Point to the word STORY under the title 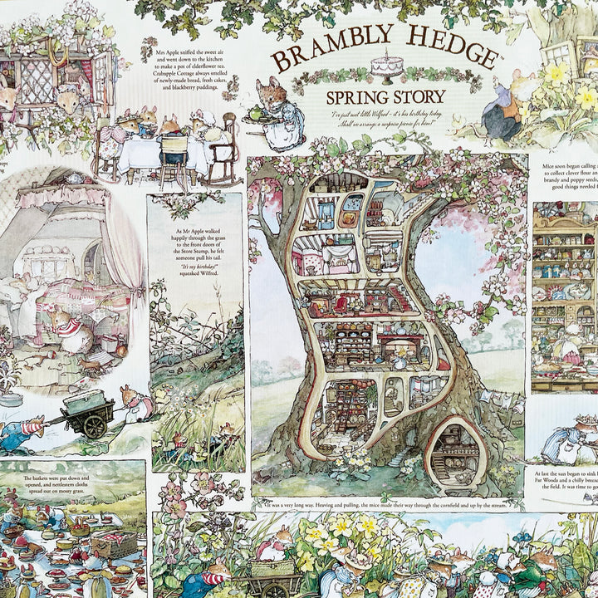(x=419, y=97)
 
